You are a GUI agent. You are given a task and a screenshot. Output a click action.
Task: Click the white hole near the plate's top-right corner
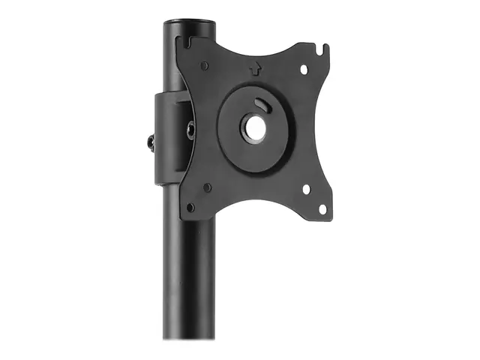[304, 69]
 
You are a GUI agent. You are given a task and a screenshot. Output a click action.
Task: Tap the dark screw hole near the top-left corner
[204, 66]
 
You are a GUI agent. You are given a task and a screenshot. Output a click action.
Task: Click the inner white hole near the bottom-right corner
[305, 190]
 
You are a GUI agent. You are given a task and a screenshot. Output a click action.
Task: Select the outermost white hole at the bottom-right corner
[322, 208]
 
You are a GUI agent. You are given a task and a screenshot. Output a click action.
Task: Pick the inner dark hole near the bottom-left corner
[207, 187]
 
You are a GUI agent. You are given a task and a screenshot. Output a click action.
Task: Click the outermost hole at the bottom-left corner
[190, 206]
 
